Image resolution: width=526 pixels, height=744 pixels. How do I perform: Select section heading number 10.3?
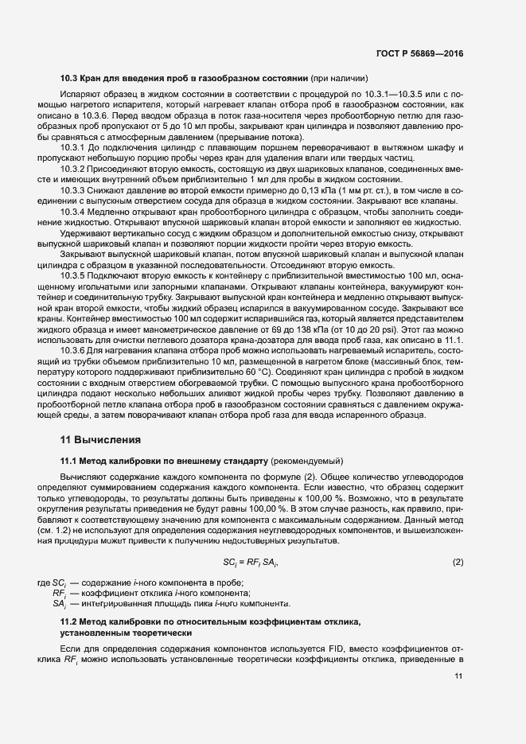(69, 79)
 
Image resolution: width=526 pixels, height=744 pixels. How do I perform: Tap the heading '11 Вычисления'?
(101, 439)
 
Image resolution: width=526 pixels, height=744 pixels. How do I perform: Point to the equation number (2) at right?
(458, 563)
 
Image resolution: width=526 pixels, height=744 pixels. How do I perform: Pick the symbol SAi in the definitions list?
(59, 604)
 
